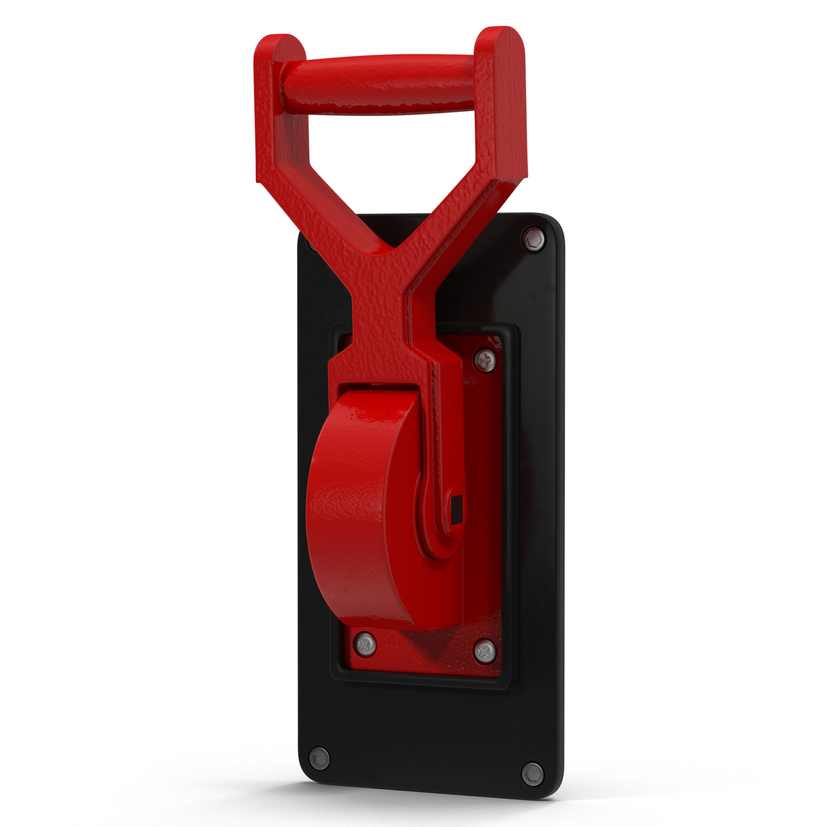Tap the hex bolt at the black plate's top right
(534, 240)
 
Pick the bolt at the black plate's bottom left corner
(319, 758)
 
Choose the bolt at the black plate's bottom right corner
(532, 773)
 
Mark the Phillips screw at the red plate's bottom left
(365, 644)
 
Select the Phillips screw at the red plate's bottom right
(484, 652)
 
